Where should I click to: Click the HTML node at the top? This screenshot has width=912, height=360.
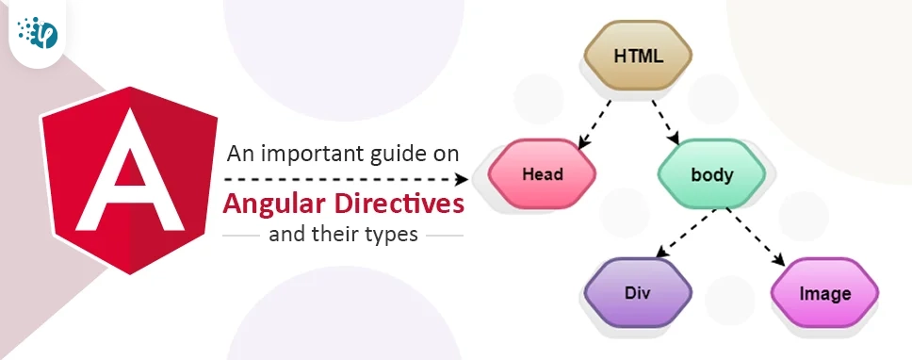point(638,56)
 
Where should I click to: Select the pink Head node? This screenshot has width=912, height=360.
point(542,173)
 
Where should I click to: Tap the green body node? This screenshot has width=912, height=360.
point(712,174)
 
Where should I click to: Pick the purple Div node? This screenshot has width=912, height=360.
point(638,292)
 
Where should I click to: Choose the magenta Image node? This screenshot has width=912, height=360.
point(824,293)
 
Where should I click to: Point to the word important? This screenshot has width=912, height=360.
point(314,153)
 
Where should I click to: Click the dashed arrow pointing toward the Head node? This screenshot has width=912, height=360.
point(349,177)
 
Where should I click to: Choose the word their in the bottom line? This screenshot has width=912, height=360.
point(335,234)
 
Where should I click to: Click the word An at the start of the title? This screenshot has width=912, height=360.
point(242,153)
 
